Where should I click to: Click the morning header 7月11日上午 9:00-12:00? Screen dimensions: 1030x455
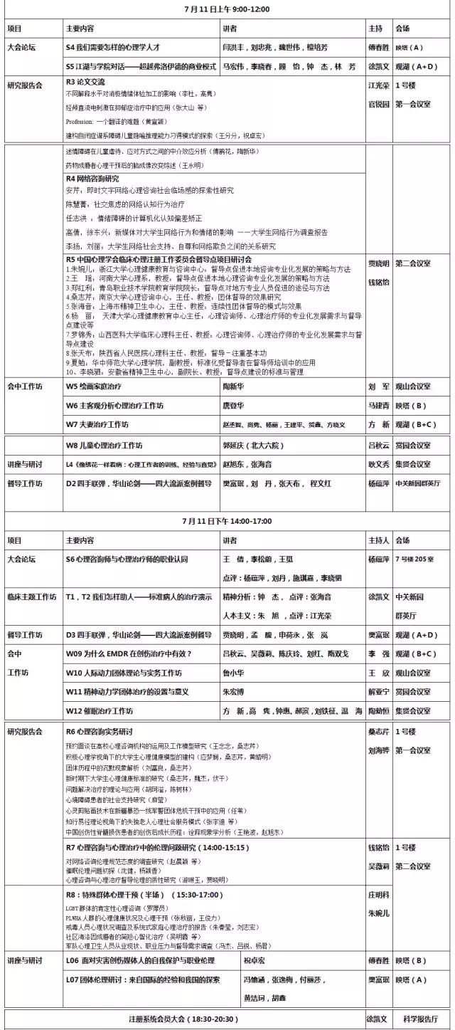coord(227,11)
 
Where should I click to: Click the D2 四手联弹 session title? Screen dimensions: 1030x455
coord(139,483)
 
